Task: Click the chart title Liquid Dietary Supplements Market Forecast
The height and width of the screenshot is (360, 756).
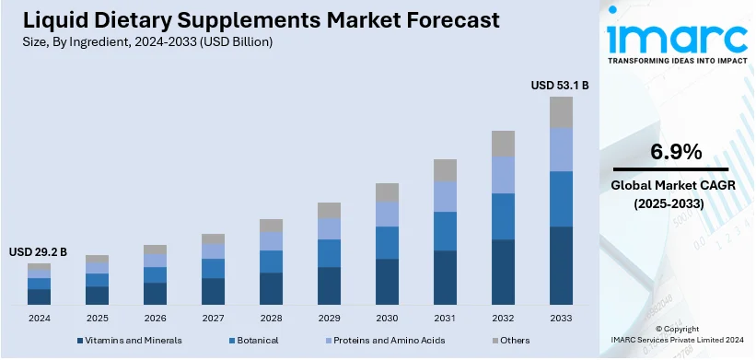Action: (251, 19)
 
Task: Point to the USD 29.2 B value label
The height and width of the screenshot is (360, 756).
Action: (38, 251)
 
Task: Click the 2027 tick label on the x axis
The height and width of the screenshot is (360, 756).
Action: (213, 318)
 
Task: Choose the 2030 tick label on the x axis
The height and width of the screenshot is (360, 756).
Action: (387, 318)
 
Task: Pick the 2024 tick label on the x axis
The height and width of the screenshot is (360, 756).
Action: (39, 318)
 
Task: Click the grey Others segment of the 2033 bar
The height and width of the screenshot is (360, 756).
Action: (561, 111)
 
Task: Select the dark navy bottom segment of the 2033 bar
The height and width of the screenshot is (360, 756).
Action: (561, 265)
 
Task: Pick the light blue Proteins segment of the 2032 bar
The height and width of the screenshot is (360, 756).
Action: (503, 174)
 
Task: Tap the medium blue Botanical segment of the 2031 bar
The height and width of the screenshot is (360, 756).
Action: (445, 231)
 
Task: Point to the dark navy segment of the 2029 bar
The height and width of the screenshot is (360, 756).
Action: (329, 285)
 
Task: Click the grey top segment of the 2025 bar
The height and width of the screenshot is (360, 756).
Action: (97, 259)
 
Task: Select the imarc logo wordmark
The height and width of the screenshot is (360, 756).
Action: (678, 38)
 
